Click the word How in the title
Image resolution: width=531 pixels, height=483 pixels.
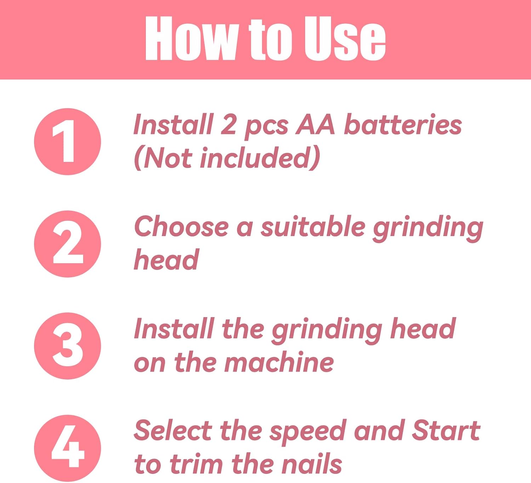190,38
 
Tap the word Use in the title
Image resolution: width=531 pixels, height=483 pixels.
344,38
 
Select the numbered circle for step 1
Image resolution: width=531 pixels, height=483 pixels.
68,141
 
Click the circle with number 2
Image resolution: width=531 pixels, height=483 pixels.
68,244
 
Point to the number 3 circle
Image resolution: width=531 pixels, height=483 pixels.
68,346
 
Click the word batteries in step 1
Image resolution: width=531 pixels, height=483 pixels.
403,124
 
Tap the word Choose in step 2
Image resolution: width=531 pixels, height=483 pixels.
181,226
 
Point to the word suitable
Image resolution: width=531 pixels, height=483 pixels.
313,226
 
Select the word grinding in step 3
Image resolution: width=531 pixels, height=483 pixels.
327,331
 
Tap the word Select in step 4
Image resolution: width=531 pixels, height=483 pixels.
173,430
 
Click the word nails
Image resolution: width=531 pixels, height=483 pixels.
312,464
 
